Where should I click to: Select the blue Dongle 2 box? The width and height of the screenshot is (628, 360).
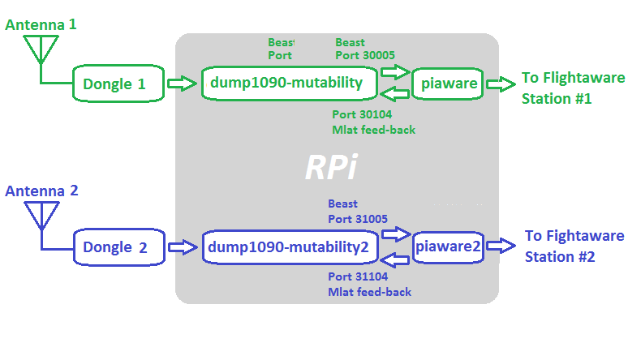point(118,247)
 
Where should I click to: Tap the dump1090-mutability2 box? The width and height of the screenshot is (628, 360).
point(290,247)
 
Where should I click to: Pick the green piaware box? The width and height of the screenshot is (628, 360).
point(447,84)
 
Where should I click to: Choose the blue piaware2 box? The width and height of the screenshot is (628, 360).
point(449,246)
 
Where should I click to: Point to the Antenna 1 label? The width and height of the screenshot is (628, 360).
point(41,25)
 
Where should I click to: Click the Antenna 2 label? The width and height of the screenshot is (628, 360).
point(41,191)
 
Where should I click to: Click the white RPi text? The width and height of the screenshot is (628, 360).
point(331,167)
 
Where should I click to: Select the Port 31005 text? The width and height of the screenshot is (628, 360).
point(358,218)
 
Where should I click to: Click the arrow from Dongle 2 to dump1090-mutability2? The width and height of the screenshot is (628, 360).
point(183,246)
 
